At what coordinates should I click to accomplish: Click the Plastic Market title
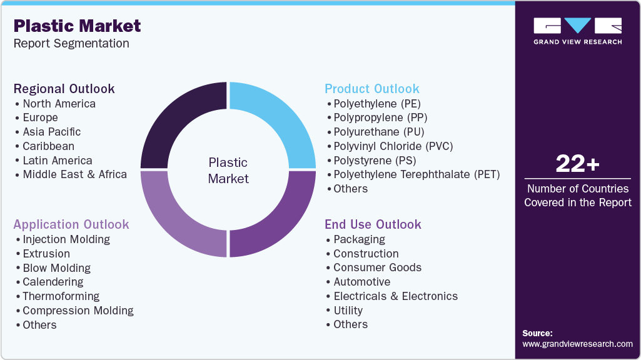77,26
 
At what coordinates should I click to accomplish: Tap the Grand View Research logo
577,31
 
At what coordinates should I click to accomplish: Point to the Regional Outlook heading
64,89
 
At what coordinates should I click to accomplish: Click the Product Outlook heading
371,89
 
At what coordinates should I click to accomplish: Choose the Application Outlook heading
71,224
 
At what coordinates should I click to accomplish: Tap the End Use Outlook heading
373,224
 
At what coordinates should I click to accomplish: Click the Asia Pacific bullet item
51,132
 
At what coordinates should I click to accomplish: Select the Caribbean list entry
48,146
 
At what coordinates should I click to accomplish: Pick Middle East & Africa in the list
74,174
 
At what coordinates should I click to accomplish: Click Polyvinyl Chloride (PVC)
393,146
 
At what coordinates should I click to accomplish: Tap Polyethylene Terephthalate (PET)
416,174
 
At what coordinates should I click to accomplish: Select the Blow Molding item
56,268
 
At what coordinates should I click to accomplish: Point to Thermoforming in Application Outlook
61,296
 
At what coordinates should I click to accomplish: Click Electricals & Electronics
395,296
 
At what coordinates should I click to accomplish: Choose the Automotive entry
361,282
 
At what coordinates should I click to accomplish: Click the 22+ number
577,164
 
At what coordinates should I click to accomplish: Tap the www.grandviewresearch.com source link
577,344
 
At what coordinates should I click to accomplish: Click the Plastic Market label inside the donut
228,171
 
